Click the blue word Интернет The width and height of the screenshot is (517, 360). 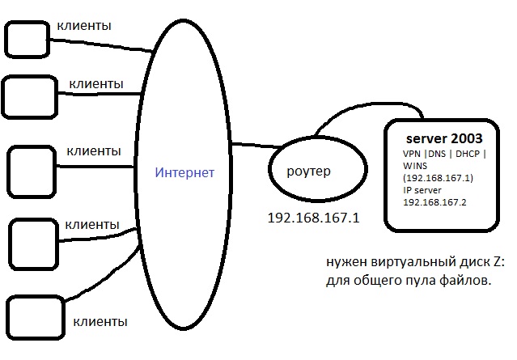pos(185,172)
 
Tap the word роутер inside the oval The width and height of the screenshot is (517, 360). pos(309,172)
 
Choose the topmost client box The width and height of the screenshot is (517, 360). pos(27,38)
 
